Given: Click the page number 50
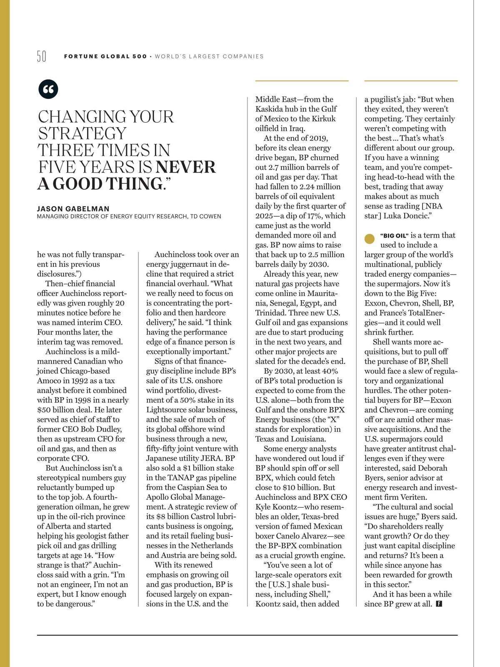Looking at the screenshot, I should click(x=42, y=56).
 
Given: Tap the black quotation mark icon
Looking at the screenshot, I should click(x=48, y=89).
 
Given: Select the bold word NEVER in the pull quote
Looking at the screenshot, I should click(x=185, y=167).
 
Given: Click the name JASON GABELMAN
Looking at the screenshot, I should click(x=73, y=209).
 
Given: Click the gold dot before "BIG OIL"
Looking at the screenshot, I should click(x=370, y=239).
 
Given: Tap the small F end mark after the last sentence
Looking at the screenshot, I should click(x=439, y=604).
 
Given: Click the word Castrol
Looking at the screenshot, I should click(x=203, y=517).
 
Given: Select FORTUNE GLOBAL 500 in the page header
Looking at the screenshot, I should click(x=105, y=56).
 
